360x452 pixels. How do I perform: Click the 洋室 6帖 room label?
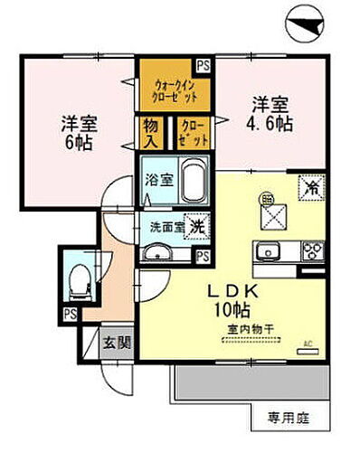[81, 131]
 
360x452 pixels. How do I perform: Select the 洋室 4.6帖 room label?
[271, 112]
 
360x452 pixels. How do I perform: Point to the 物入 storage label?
[150, 134]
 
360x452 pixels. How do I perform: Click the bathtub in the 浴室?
[192, 183]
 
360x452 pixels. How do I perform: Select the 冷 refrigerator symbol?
[310, 189]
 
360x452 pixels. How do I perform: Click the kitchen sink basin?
[267, 250]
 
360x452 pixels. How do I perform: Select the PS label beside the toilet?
[70, 314]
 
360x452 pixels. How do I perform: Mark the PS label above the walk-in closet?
[204, 65]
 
